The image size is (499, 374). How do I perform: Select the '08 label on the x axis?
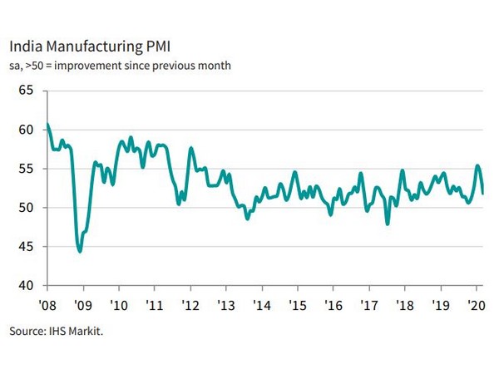click(x=47, y=303)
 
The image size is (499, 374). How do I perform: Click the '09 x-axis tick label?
click(x=82, y=303)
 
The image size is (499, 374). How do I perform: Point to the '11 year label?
click(x=154, y=303)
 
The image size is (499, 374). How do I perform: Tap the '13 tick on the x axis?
click(x=225, y=303)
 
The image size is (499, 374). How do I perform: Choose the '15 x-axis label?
click(x=296, y=303)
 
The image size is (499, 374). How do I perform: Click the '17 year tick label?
click(x=368, y=303)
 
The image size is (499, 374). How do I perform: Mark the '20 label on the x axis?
click(x=475, y=303)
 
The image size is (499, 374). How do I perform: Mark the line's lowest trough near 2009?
click(x=79, y=251)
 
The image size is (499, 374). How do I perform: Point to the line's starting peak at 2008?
click(x=47, y=125)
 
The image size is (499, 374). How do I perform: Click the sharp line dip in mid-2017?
click(x=388, y=224)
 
